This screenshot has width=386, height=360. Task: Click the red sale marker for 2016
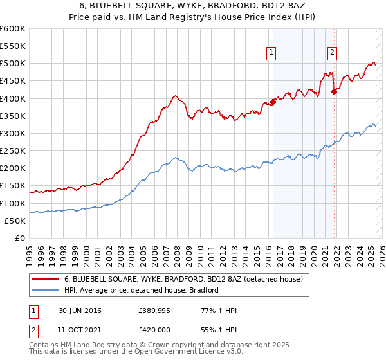273,101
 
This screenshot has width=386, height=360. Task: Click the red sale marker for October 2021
334,91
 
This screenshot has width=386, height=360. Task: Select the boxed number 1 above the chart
271,53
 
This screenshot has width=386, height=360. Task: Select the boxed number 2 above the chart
332,53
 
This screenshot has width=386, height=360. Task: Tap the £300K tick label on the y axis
13,133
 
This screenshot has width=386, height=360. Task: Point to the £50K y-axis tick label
15,221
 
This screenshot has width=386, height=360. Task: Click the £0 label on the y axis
21,238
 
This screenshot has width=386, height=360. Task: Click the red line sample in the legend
45,279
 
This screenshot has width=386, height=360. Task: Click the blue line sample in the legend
45,290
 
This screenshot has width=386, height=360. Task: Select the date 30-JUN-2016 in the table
80,310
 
